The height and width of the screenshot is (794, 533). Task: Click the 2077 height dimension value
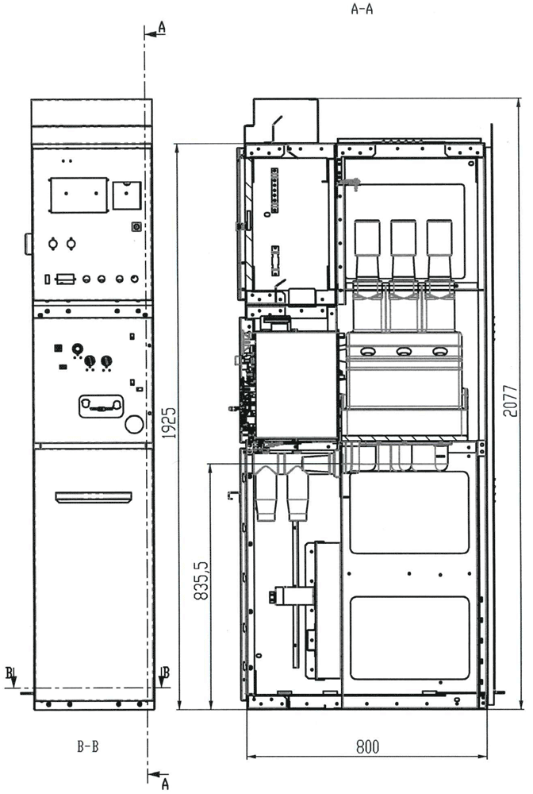click(512, 400)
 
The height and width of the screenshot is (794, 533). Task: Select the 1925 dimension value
click(170, 422)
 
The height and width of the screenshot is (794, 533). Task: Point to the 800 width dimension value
click(368, 746)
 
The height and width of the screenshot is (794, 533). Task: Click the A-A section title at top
click(362, 9)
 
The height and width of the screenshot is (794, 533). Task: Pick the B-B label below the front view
click(87, 746)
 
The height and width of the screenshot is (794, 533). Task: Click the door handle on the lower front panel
click(94, 497)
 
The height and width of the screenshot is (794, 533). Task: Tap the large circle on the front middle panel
click(134, 424)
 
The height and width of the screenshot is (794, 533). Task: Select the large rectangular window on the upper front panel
click(79, 195)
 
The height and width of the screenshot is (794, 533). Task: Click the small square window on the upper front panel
click(126, 195)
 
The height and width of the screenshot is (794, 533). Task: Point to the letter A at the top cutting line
click(161, 28)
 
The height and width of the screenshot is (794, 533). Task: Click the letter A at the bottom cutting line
click(164, 784)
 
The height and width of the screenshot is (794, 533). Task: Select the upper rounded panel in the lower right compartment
click(409, 512)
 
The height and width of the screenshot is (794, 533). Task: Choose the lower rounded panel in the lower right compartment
click(409, 637)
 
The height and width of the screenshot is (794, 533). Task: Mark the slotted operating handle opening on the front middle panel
click(102, 406)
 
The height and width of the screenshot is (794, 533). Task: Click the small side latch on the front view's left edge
click(28, 244)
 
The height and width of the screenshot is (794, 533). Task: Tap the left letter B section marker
click(10, 673)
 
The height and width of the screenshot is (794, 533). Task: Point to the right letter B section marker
click(166, 673)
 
